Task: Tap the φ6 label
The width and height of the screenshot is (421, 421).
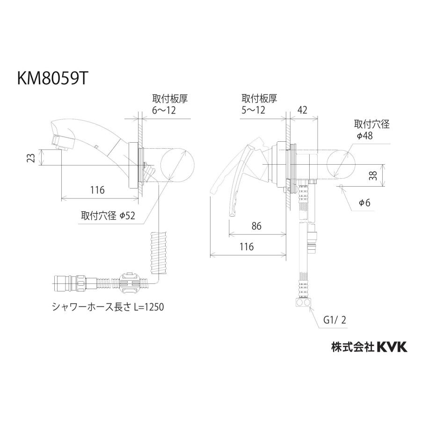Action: [x=364, y=203]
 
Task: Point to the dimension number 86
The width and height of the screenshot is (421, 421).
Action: [x=256, y=226]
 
